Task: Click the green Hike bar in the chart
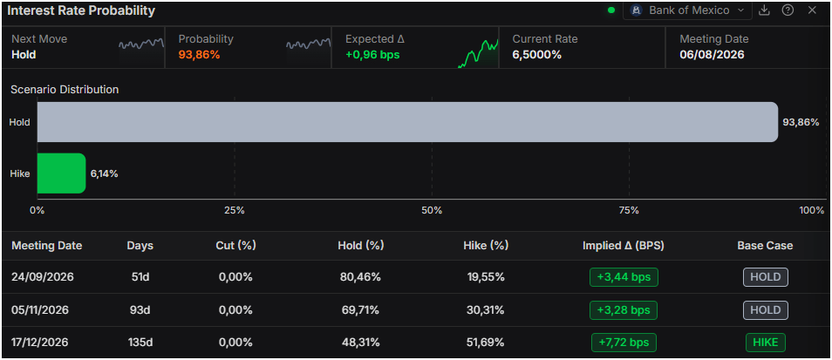(61, 173)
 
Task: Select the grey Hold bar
(407, 122)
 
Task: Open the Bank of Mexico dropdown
(687, 10)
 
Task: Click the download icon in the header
(764, 10)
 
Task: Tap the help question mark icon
(788, 10)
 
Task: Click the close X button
(812, 10)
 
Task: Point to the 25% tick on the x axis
(235, 210)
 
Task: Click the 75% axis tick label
(629, 210)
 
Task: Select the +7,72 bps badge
(624, 343)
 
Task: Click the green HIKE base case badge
(765, 343)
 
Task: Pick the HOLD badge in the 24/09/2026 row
(765, 277)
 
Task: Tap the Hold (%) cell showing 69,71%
(360, 309)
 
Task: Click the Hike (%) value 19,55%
(485, 277)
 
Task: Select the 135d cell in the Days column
(140, 343)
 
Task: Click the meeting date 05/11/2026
(40, 309)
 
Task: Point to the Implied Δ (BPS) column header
(624, 246)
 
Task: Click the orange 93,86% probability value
(199, 55)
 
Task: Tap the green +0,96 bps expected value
(372, 55)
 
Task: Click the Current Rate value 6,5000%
(537, 55)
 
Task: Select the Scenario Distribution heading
(65, 90)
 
